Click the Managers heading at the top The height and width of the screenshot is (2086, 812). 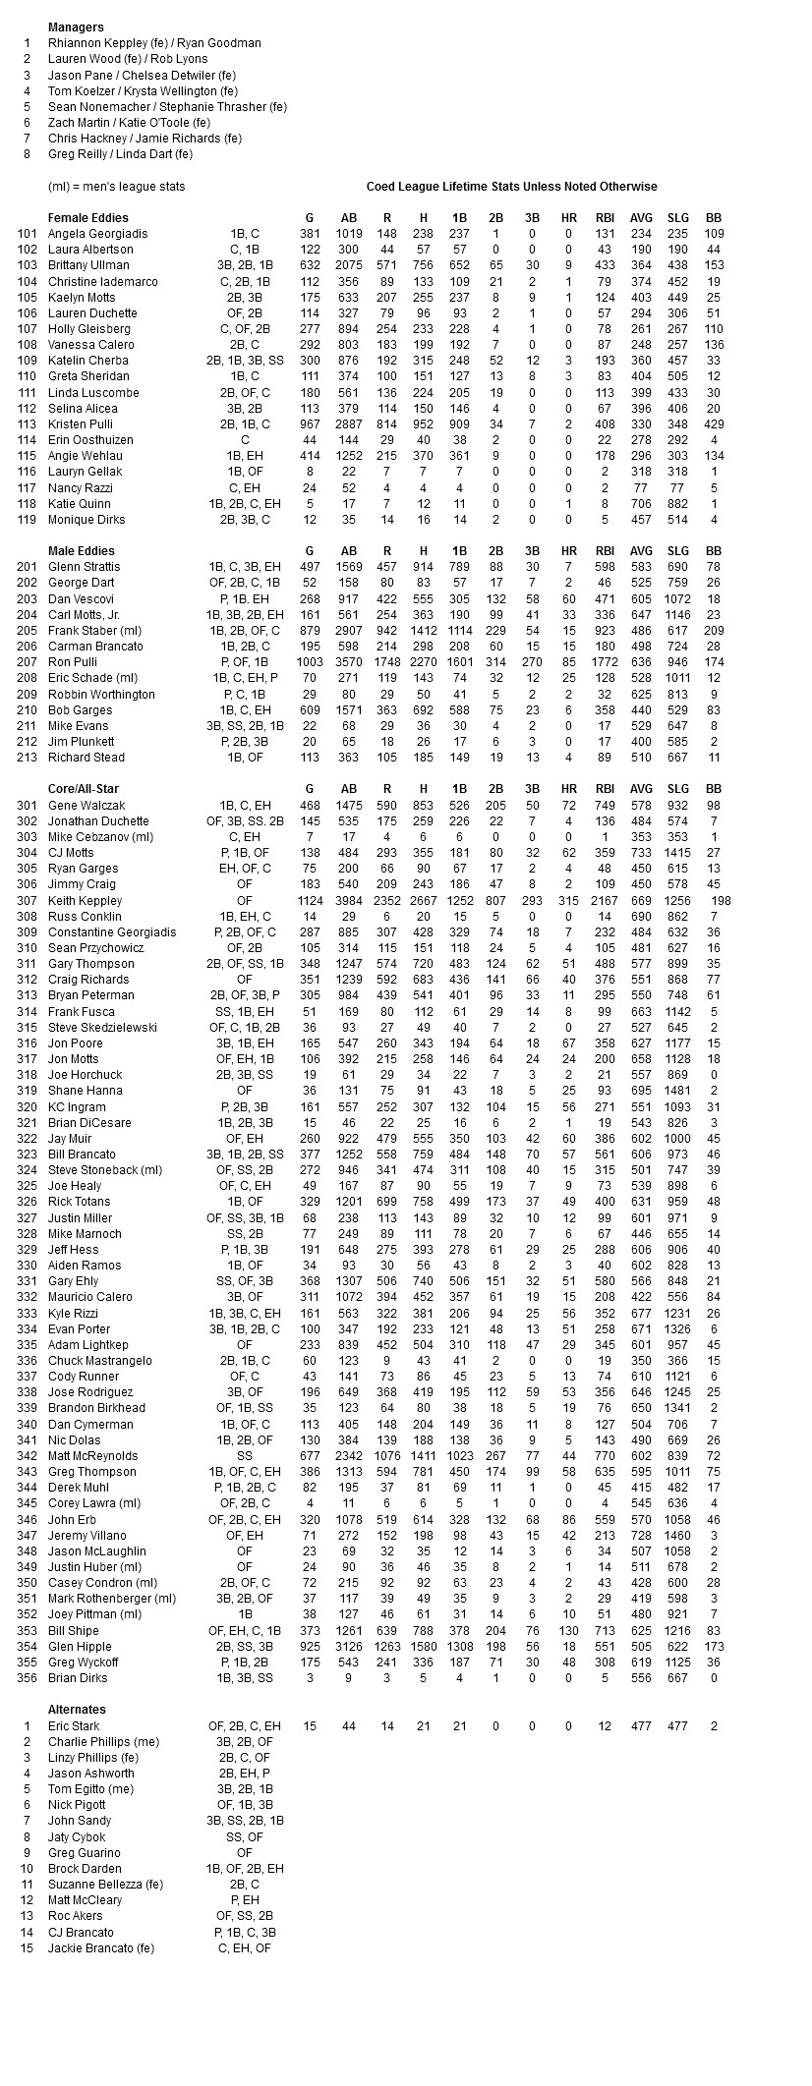tap(76, 28)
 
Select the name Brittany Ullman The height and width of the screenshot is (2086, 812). tap(88, 265)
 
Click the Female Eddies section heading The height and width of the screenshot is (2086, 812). tap(87, 217)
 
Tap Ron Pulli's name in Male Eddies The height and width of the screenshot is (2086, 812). tap(74, 662)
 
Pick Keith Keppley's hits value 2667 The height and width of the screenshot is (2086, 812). tap(423, 900)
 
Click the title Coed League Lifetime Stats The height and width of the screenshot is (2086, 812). tap(511, 187)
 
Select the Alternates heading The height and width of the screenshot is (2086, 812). tap(77, 1710)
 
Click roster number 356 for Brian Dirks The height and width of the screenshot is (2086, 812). tap(28, 1678)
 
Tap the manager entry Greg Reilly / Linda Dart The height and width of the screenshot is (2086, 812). tap(120, 154)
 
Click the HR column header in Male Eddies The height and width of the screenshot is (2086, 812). tap(568, 551)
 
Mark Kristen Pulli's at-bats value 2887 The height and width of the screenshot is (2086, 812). tap(349, 424)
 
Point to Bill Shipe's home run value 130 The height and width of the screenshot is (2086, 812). tap(568, 1630)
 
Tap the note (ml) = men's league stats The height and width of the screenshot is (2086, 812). tap(116, 187)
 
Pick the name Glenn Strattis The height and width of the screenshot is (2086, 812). tap(84, 567)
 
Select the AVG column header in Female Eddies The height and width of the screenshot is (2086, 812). tap(641, 218)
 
